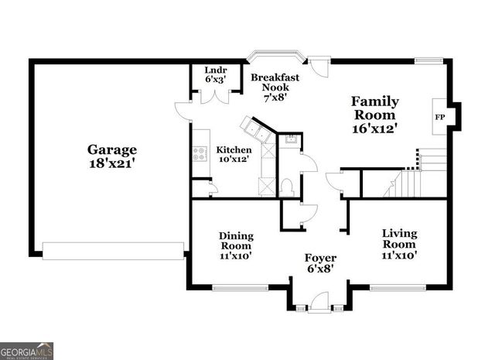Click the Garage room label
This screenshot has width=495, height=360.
click(111, 149)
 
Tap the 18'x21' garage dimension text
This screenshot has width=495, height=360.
click(111, 164)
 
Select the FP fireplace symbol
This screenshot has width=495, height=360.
click(440, 117)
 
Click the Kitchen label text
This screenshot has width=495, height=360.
click(234, 150)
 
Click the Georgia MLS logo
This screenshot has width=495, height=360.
click(27, 351)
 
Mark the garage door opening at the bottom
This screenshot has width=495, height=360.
click(113, 250)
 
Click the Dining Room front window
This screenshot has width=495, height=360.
click(236, 289)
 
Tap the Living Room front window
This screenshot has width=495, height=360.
click(399, 289)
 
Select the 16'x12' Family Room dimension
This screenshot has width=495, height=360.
click(375, 129)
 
